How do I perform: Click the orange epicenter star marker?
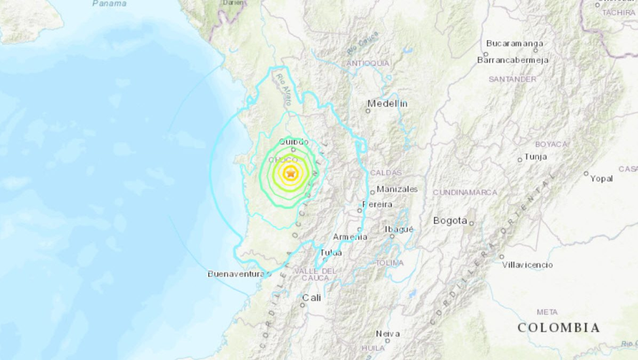click(x=291, y=174)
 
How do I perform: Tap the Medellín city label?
click(x=387, y=104)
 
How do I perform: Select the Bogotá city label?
click(x=451, y=220)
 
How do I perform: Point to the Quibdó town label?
click(x=293, y=142)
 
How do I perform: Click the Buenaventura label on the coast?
click(x=236, y=274)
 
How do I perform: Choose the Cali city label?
click(x=312, y=298)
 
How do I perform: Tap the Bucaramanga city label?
click(x=514, y=43)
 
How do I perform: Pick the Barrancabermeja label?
click(x=512, y=60)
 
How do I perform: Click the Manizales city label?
click(x=396, y=189)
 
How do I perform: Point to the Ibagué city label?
click(x=399, y=229)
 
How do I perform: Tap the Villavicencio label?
click(x=527, y=265)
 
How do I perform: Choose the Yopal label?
click(x=601, y=179)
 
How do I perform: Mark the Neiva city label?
click(x=388, y=334)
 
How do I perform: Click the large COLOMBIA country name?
click(x=559, y=327)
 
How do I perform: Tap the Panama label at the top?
click(x=109, y=3)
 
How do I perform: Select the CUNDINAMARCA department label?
click(x=465, y=192)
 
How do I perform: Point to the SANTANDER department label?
click(x=512, y=79)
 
